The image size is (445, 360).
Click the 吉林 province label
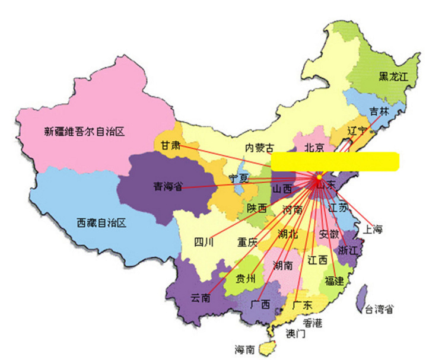click(379, 111)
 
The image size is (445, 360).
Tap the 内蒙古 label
click(260, 147)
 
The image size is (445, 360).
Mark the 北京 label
click(314, 147)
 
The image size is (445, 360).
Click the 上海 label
click(373, 228)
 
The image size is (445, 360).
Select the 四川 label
click(204, 242)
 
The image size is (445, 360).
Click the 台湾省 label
click(379, 309)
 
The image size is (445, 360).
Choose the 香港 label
click(313, 323)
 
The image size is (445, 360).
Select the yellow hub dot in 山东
click(319, 177)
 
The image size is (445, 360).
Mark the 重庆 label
click(248, 242)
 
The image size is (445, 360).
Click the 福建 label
click(334, 281)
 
